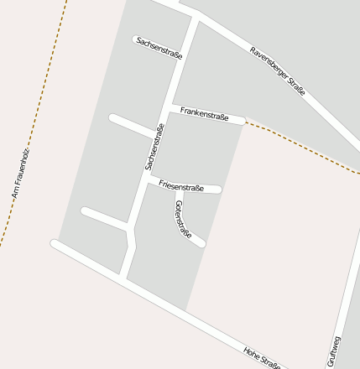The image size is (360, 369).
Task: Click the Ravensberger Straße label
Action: pos(278,70)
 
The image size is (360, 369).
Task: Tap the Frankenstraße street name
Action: pos(204,113)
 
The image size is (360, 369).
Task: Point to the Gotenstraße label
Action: pos(184,220)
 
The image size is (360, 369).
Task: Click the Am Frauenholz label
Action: pos(20,173)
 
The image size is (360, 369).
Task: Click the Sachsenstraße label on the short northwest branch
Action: pos(159,48)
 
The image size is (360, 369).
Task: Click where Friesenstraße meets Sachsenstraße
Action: pos(148,180)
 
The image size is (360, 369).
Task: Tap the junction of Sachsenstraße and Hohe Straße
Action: pos(123,276)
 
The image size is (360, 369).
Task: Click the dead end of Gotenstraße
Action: pos(201,244)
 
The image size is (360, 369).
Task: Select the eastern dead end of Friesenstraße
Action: pos(218,190)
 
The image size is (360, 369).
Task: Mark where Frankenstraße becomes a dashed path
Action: pos(243,121)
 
